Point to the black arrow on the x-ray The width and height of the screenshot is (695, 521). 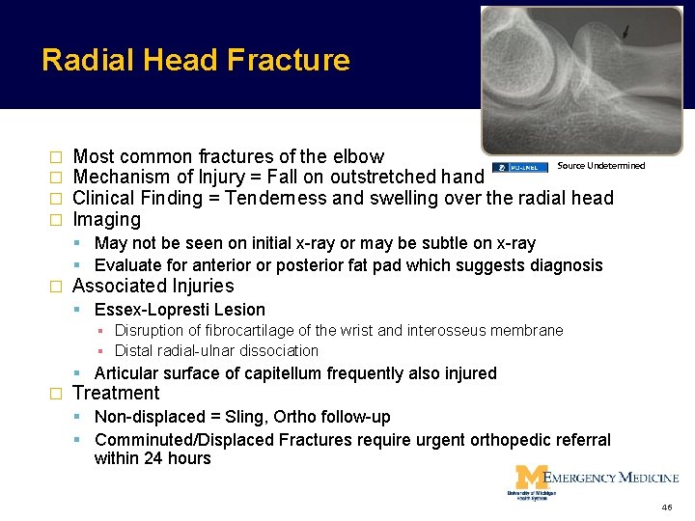628,34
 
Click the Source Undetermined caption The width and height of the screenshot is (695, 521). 600,166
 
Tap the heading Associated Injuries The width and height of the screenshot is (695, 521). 153,286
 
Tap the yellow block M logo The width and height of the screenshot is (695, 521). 529,477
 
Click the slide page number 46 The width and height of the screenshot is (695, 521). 667,507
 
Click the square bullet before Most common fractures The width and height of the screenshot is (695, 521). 54,156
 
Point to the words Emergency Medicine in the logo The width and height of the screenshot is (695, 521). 611,477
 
